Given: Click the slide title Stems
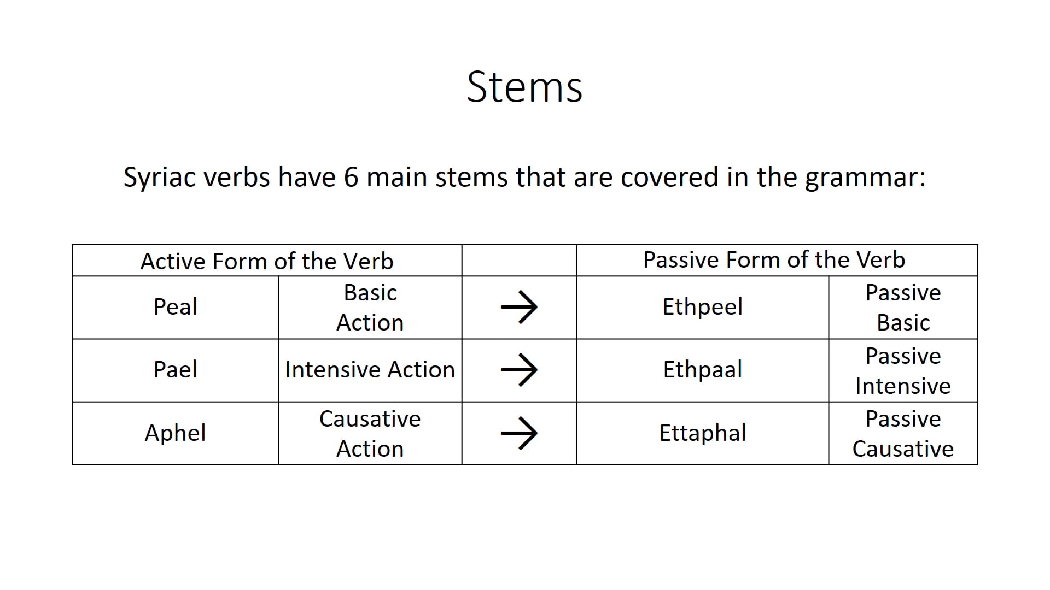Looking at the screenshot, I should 524,87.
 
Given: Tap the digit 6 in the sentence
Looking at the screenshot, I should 351,177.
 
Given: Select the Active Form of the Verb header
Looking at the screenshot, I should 267,261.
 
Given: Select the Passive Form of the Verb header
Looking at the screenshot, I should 774,260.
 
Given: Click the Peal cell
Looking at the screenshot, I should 175,306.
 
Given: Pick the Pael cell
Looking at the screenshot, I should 175,370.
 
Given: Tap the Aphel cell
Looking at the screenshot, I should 175,433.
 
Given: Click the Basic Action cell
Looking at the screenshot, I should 370,308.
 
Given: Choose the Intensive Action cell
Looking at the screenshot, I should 370,370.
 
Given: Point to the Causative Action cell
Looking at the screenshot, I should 370,434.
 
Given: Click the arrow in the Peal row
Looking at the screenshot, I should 519,307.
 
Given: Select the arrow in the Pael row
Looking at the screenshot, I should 519,370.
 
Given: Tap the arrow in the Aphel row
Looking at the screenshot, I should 519,433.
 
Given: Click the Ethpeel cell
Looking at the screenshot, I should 702,307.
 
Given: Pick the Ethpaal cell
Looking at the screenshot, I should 702,370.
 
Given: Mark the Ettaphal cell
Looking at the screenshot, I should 702,433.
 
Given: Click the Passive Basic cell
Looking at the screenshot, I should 903,308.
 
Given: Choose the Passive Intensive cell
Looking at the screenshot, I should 903,371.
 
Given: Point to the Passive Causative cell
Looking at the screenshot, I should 903,434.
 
